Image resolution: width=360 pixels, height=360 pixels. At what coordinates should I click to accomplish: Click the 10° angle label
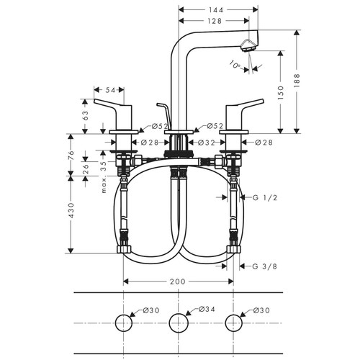pyautogui.click(x=235, y=63)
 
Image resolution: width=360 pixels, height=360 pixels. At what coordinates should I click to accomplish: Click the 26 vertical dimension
pyautogui.click(x=86, y=169)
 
